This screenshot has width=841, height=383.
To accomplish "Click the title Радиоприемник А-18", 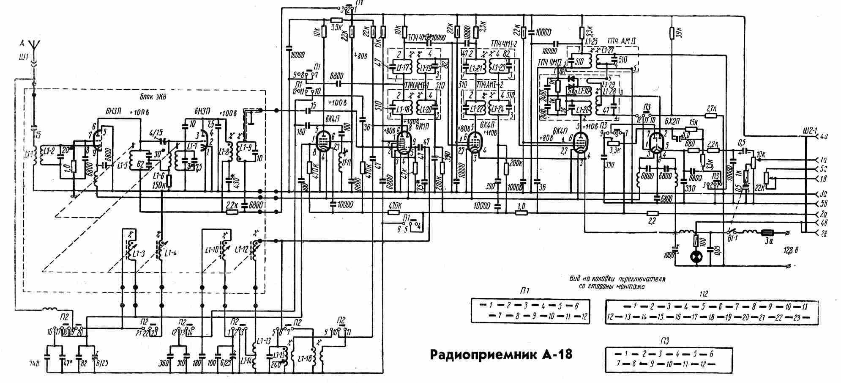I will [x=501, y=354].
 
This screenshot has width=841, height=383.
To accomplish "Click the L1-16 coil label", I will [x=304, y=358].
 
